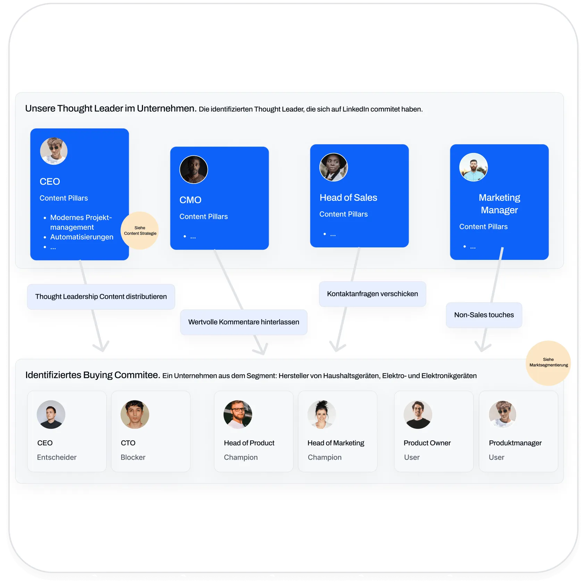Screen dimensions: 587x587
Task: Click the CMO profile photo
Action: (194, 170)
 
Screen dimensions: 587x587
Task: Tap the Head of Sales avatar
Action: (334, 167)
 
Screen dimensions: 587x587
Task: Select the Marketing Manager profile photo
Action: (473, 167)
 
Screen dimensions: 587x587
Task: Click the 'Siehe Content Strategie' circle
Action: (140, 230)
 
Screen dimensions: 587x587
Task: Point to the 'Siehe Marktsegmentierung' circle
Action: (548, 363)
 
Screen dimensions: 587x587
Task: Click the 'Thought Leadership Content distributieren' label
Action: (101, 297)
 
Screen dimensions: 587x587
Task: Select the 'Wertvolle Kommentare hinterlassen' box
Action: (244, 322)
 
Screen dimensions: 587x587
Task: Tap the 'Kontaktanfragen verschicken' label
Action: (372, 294)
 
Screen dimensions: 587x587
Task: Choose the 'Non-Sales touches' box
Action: (484, 315)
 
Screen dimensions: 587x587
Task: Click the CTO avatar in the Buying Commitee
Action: (135, 415)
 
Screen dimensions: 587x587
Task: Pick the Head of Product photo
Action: (238, 415)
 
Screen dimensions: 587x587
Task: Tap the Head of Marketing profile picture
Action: (322, 415)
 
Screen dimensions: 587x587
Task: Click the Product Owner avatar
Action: (418, 415)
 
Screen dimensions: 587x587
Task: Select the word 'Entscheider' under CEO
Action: (57, 457)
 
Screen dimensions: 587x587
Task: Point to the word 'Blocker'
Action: (133, 457)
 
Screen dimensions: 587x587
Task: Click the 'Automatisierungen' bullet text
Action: (82, 237)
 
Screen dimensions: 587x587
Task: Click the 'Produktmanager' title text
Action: (515, 443)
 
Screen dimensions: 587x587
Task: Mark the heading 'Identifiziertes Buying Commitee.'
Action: (93, 375)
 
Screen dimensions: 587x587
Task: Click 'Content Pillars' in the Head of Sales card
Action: (343, 214)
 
